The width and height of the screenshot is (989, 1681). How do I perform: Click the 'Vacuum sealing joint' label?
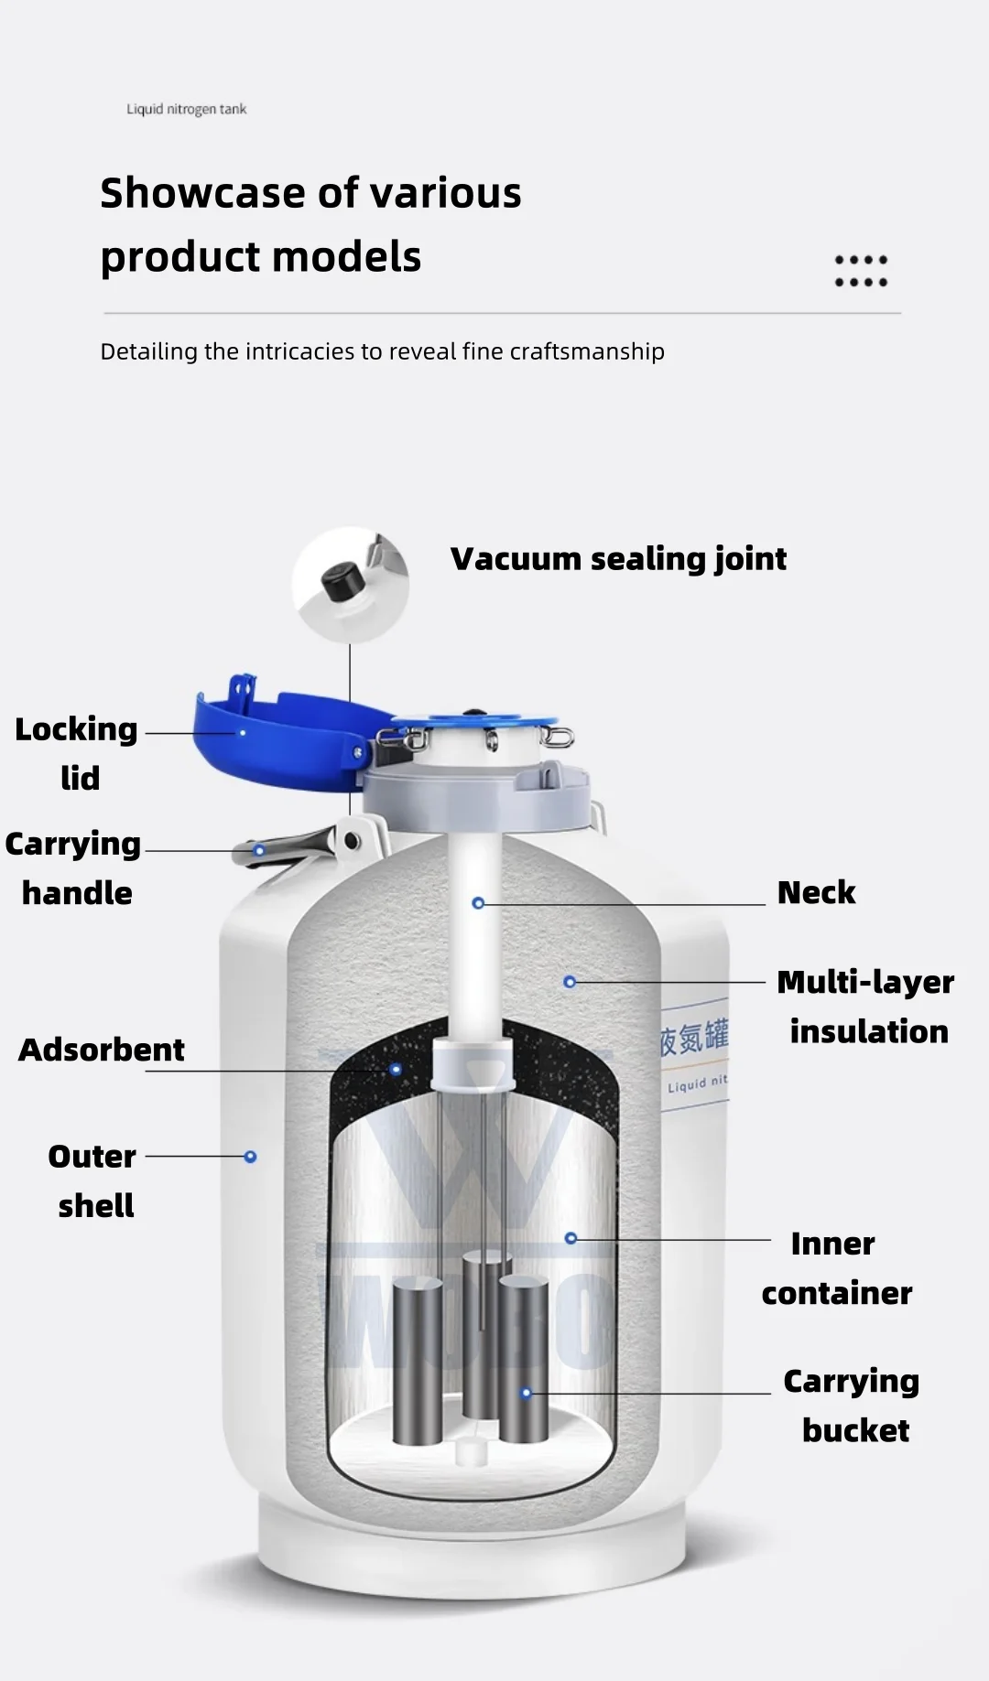[x=618, y=558]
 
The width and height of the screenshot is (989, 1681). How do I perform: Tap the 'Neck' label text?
[x=815, y=892]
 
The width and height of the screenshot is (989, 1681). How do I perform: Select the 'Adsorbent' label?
[x=102, y=1050]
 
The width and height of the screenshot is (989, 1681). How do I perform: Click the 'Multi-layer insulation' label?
[x=865, y=1007]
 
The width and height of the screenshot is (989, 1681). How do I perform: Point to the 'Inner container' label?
[x=836, y=1268]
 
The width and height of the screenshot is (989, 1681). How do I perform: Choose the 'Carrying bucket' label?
[x=852, y=1406]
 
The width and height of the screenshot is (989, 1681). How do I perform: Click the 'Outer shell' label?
[x=92, y=1180]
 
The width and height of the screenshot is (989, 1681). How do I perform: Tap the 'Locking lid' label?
[x=77, y=752]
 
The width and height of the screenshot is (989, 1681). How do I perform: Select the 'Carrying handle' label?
[x=73, y=867]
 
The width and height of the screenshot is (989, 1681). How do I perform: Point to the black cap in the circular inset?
[x=341, y=582]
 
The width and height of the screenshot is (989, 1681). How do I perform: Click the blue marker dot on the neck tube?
[x=478, y=903]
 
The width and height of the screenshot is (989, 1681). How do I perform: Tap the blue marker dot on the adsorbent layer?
[x=396, y=1069]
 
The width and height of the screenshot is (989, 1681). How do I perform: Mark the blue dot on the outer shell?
[x=250, y=1157]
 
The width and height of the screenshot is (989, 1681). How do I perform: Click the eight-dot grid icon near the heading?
[x=861, y=271]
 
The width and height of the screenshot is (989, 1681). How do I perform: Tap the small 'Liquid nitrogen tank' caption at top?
[x=187, y=109]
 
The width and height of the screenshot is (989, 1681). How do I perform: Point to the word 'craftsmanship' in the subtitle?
[x=586, y=351]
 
